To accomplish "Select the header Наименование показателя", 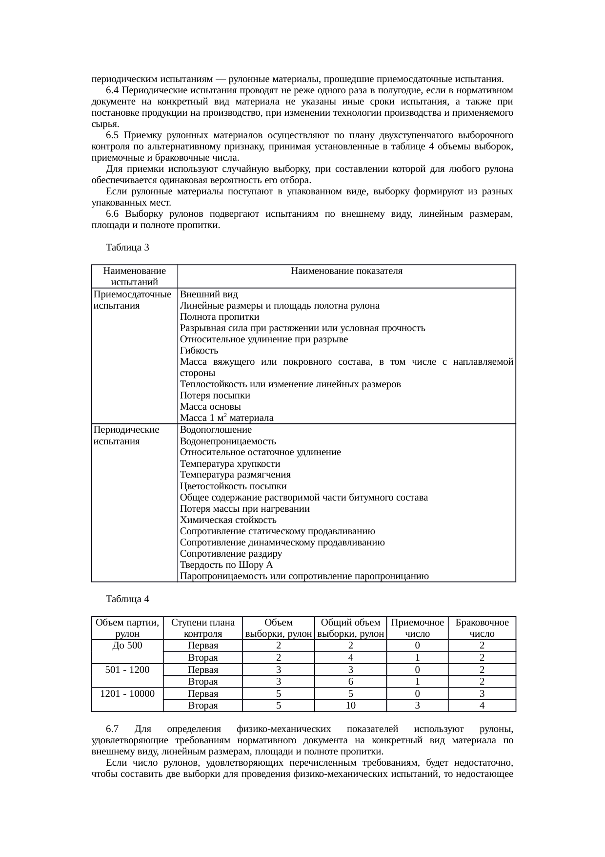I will pyautogui.click(x=346, y=271).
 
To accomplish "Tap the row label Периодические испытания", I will pyautogui.click(x=126, y=436).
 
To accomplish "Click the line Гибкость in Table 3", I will pyautogui.click(x=199, y=351).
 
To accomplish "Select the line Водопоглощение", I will pyautogui.click(x=216, y=430).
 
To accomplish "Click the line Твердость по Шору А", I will pyautogui.click(x=226, y=565).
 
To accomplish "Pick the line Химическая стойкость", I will pyautogui.click(x=228, y=520).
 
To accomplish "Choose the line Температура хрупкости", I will pyautogui.click(x=230, y=464).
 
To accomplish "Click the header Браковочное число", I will pyautogui.click(x=482, y=628).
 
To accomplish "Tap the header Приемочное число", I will pyautogui.click(x=418, y=628).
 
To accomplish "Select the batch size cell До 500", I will pyautogui.click(x=127, y=646).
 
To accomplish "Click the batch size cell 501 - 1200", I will pyautogui.click(x=127, y=669).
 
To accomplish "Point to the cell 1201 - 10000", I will pyautogui.click(x=127, y=693).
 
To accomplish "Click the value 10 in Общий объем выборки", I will pyautogui.click(x=350, y=706).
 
